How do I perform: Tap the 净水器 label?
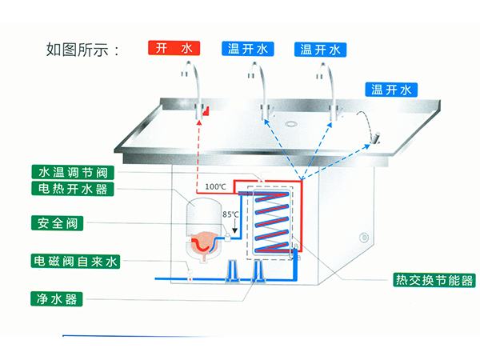56,298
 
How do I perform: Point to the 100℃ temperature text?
215,187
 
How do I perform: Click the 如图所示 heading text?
83,50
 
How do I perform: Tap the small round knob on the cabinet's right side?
364,238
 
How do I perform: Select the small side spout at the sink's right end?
373,142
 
